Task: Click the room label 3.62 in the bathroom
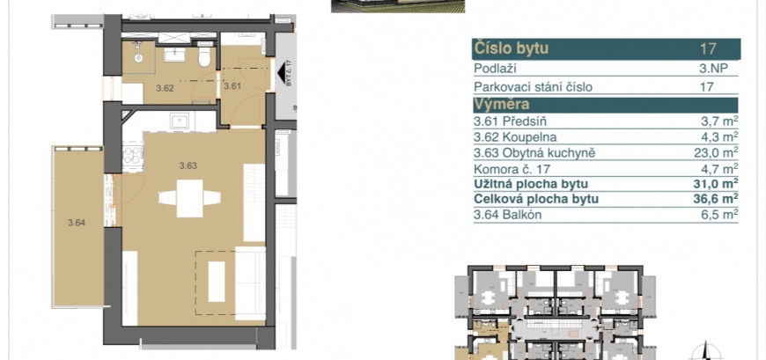(x=165, y=88)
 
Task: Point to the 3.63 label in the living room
(x=188, y=165)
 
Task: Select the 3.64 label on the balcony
(x=77, y=223)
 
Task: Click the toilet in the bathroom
(x=204, y=57)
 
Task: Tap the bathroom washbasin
(x=174, y=55)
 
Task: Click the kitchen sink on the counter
(x=180, y=121)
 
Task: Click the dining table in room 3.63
(x=189, y=198)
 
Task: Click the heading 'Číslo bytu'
(x=511, y=48)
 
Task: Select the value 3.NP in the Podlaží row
(x=714, y=69)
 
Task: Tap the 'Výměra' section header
(x=501, y=105)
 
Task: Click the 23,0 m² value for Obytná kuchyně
(x=716, y=152)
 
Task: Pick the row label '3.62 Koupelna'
(x=515, y=137)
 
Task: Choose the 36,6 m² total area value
(x=716, y=198)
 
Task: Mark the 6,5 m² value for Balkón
(x=720, y=215)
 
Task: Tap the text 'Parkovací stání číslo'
(x=533, y=87)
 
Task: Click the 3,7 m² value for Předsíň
(x=720, y=121)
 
